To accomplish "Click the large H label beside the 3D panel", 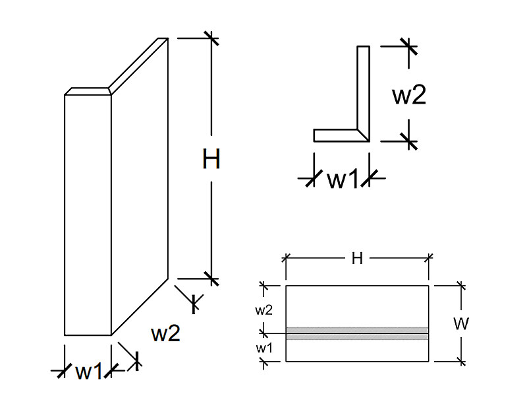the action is pyautogui.click(x=211, y=158).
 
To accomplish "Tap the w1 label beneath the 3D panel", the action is pyautogui.click(x=88, y=372).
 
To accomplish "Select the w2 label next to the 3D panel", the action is pyautogui.click(x=166, y=333).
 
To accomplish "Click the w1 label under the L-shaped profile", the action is pyautogui.click(x=342, y=178).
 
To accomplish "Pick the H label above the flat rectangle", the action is pyautogui.click(x=357, y=259).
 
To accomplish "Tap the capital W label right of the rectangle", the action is pyautogui.click(x=460, y=323).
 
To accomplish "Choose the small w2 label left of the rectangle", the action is pyautogui.click(x=264, y=310).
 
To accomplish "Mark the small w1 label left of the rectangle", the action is pyautogui.click(x=264, y=348).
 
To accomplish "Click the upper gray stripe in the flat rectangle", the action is pyautogui.click(x=357, y=329).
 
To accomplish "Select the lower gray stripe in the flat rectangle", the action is pyautogui.click(x=357, y=337).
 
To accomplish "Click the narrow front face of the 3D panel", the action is pyautogui.click(x=88, y=215).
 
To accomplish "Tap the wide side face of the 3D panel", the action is pyautogui.click(x=140, y=187).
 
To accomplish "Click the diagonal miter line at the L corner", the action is pyautogui.click(x=364, y=135).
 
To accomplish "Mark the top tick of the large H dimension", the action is pyautogui.click(x=211, y=38).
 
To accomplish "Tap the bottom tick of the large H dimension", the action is pyautogui.click(x=211, y=279).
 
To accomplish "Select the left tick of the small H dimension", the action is pyautogui.click(x=286, y=258).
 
